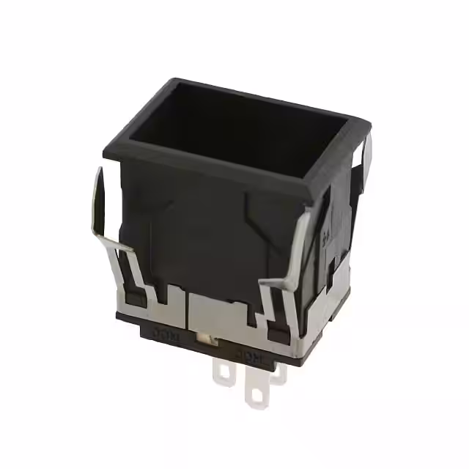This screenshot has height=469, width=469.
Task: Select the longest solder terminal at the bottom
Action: tap(259, 388)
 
